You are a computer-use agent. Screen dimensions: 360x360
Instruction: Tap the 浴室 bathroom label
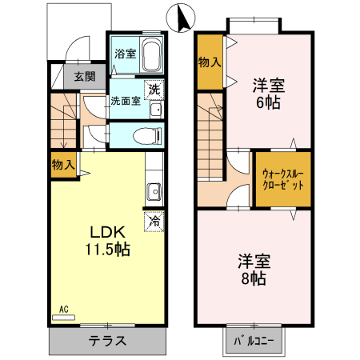click(124, 54)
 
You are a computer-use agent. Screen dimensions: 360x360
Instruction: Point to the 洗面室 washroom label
click(126, 102)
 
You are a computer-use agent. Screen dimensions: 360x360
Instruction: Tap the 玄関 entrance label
click(85, 77)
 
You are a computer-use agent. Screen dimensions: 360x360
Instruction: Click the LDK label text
click(106, 232)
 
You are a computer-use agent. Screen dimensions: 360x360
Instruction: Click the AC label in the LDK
click(64, 308)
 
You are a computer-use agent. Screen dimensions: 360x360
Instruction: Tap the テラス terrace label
click(107, 340)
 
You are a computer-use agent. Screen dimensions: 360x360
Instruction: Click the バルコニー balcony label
click(254, 340)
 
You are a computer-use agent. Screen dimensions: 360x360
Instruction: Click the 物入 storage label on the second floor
click(210, 61)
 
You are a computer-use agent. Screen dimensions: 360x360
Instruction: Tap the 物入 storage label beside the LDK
click(63, 165)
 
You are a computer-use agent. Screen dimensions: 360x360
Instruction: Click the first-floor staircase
click(64, 120)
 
